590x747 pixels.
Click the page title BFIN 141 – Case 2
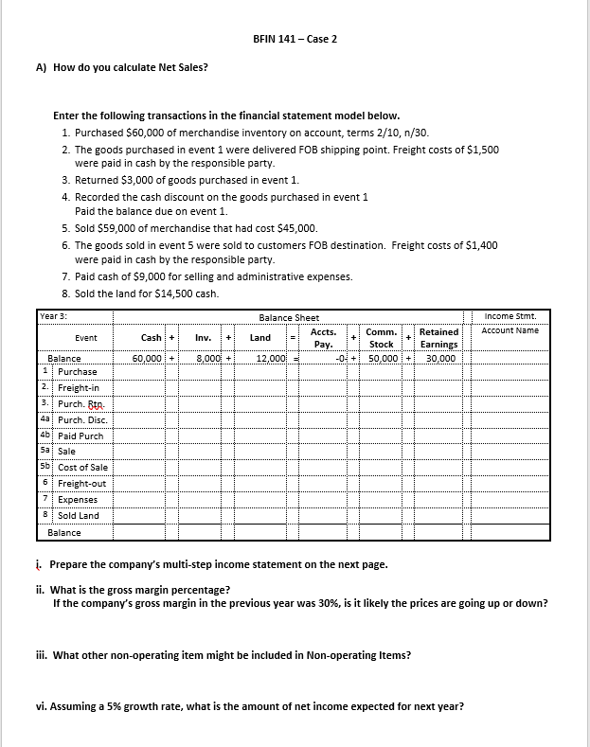coord(295,39)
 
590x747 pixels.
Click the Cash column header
coord(151,337)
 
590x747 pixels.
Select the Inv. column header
coord(202,337)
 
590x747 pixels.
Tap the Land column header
coord(260,337)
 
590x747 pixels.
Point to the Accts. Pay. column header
coord(323,338)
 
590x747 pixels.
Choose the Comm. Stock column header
coord(381,338)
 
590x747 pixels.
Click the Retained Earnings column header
coord(438,338)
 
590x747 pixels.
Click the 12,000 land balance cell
coord(271,359)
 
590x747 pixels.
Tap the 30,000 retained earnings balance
coord(439,359)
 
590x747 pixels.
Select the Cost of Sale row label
coord(82,468)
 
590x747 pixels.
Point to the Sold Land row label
coord(78,516)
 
